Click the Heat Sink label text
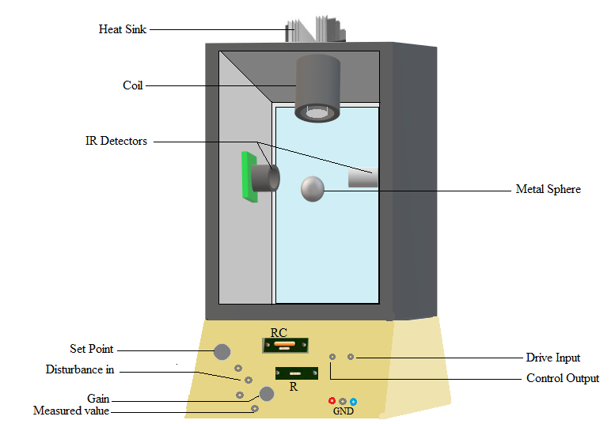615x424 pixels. tap(122, 29)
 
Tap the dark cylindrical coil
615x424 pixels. tap(318, 87)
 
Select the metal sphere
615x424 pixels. tap(313, 188)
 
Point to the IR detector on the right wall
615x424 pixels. tap(363, 178)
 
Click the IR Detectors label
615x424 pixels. tap(116, 141)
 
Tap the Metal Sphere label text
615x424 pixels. tap(548, 189)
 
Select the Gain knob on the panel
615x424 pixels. tap(267, 393)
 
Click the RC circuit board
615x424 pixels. tap(285, 345)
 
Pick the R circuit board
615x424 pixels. tap(290, 373)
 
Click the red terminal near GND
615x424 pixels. tap(332, 401)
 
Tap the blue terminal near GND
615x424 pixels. tap(353, 402)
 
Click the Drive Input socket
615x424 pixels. tap(351, 358)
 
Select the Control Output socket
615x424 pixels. tap(332, 358)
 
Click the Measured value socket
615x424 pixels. tap(254, 408)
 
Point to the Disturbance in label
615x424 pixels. tap(79, 369)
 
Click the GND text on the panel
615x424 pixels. tap(343, 411)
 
